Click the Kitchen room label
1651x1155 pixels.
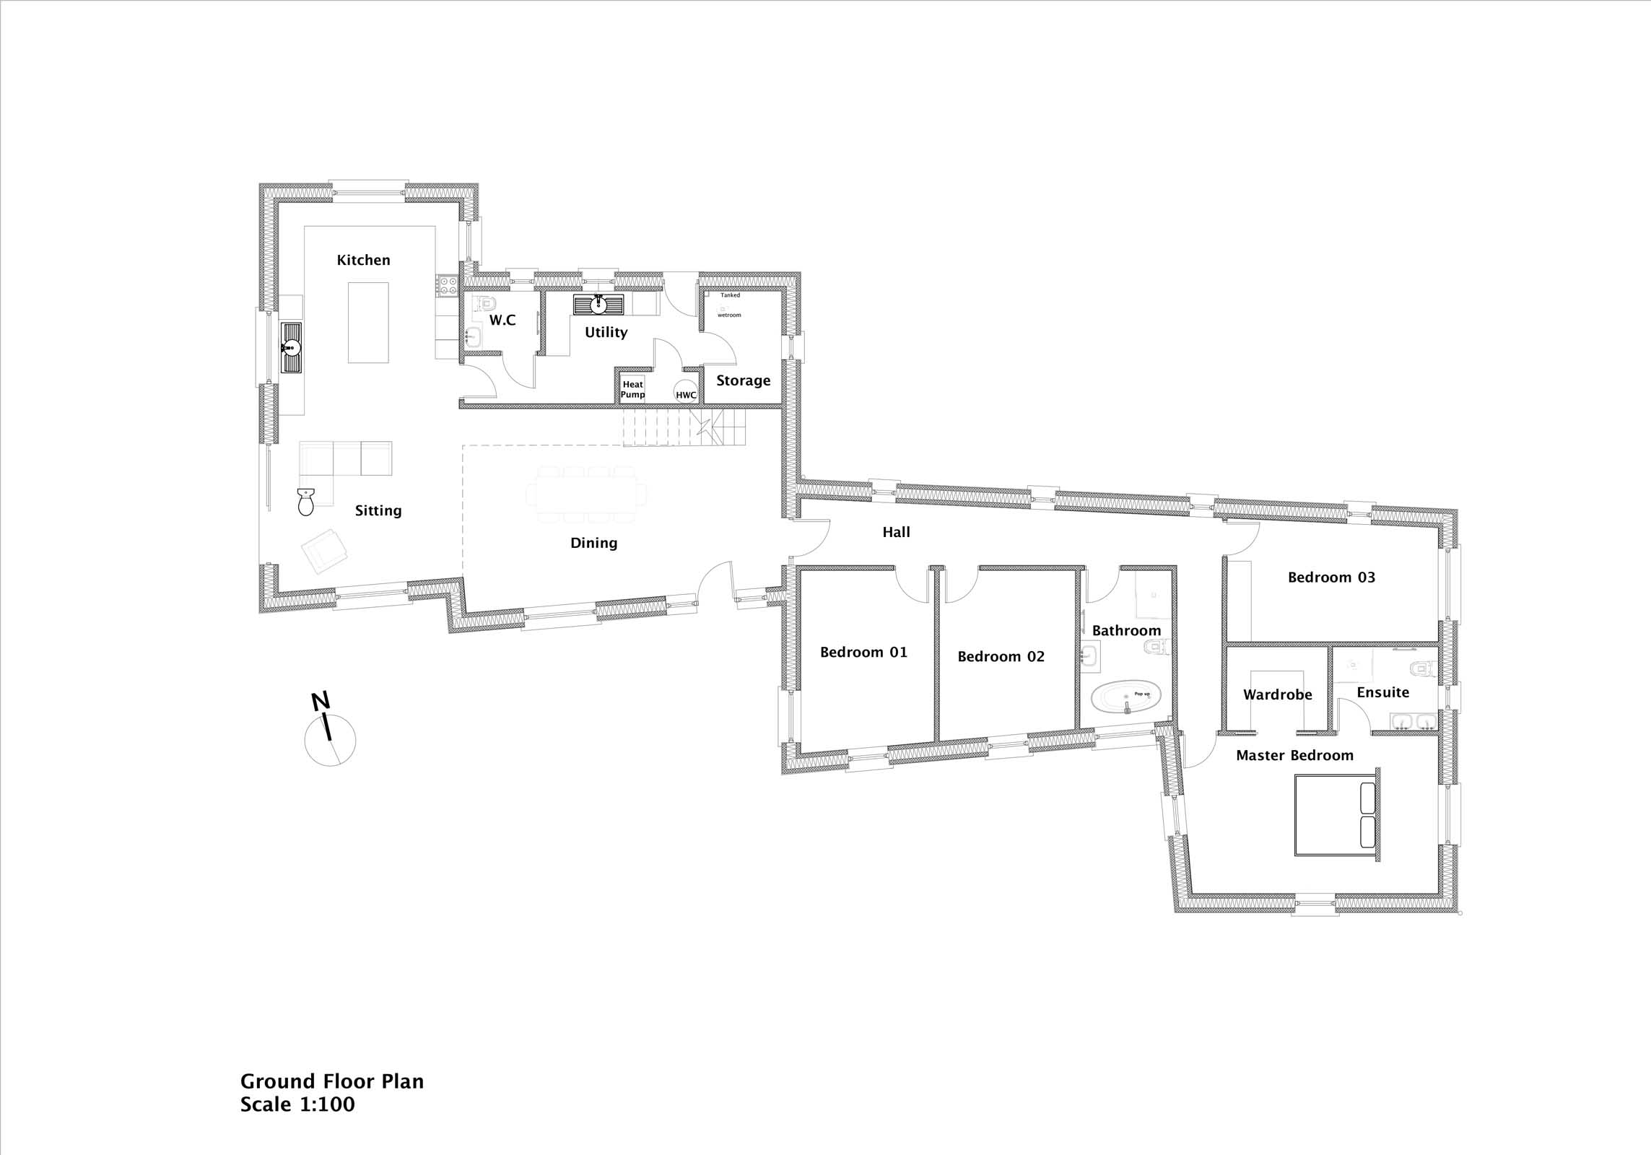click(x=363, y=260)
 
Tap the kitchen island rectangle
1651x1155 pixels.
click(x=368, y=323)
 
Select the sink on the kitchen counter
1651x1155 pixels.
click(x=292, y=348)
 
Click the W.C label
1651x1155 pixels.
click(x=502, y=320)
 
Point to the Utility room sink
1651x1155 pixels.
click(x=598, y=305)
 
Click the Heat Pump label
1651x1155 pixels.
click(x=633, y=389)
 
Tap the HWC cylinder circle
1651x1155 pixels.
click(x=686, y=392)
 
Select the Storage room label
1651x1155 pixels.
click(x=743, y=381)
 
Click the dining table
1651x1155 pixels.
click(x=586, y=494)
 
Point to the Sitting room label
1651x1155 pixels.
click(x=378, y=511)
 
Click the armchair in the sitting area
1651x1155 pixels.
click(x=324, y=551)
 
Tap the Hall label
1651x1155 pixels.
click(x=896, y=532)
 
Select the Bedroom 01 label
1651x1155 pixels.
click(x=863, y=653)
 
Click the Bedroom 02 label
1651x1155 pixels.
click(x=1001, y=657)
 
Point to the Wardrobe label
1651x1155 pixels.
click(x=1277, y=695)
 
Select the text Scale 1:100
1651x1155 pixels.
click(x=297, y=1104)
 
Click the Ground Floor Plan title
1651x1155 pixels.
click(x=332, y=1081)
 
